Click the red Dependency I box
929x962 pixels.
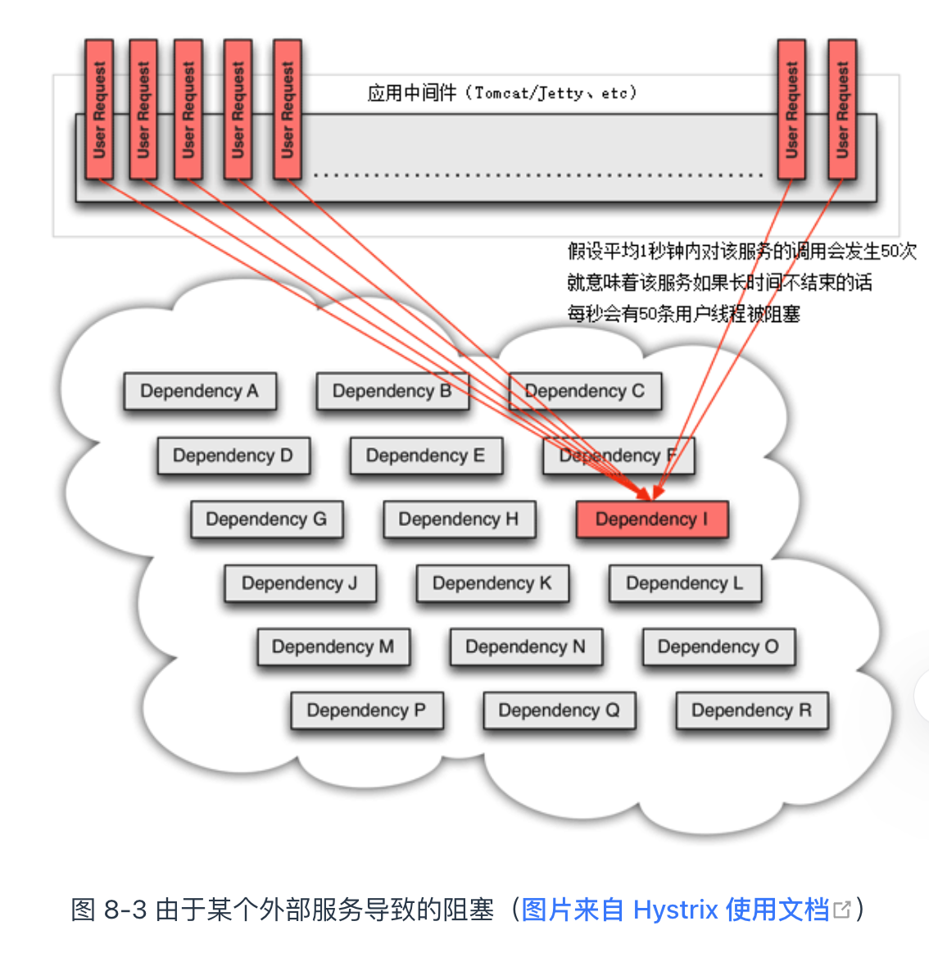[x=652, y=520]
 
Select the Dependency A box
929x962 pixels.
[x=200, y=392]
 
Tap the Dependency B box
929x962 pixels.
[x=392, y=392]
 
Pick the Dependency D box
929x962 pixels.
[x=233, y=456]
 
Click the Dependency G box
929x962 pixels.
[x=266, y=520]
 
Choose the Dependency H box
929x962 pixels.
[x=459, y=520]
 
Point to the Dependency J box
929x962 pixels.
[x=300, y=583]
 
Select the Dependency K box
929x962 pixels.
[x=492, y=583]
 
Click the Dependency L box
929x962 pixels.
[x=685, y=583]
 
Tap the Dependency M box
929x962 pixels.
[x=333, y=647]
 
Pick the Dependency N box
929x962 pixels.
[x=526, y=647]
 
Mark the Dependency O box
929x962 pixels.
[x=718, y=647]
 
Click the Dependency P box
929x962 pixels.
[x=367, y=710]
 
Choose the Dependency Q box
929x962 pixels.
[x=560, y=710]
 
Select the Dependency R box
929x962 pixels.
[x=752, y=710]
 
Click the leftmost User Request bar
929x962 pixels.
[x=99, y=109]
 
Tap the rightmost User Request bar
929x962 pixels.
[x=842, y=109]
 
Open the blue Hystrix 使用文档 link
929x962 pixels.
[x=675, y=910]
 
